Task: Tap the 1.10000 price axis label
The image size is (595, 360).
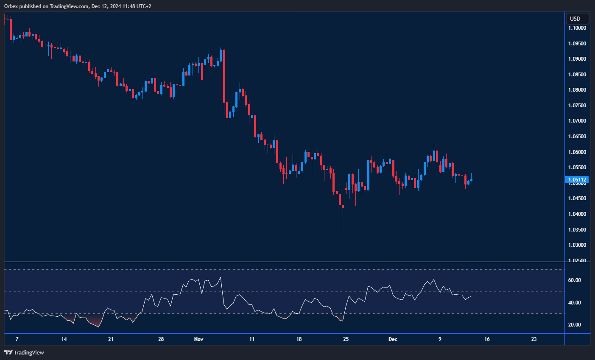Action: tap(577, 28)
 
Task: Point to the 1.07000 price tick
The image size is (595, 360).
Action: tap(577, 121)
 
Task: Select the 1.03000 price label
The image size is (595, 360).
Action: tap(577, 245)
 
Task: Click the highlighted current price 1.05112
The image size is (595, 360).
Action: tap(577, 180)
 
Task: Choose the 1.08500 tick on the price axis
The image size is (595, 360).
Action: tap(577, 75)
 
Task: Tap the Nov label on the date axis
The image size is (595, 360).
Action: tap(198, 339)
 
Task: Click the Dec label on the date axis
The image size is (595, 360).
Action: tap(393, 339)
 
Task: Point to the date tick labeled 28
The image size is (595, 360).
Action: tap(161, 339)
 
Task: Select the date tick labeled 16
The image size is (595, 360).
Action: tap(487, 339)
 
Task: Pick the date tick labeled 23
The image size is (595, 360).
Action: tap(534, 339)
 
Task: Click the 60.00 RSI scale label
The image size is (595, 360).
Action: tap(575, 280)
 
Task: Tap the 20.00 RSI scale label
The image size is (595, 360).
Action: tap(575, 325)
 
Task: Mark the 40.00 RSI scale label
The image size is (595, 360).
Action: tap(575, 303)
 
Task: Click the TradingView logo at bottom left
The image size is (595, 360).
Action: tap(24, 352)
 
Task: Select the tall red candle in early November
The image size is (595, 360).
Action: tap(224, 76)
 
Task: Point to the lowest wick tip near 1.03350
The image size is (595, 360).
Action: tap(340, 234)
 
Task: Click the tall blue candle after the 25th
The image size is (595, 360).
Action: tap(368, 175)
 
